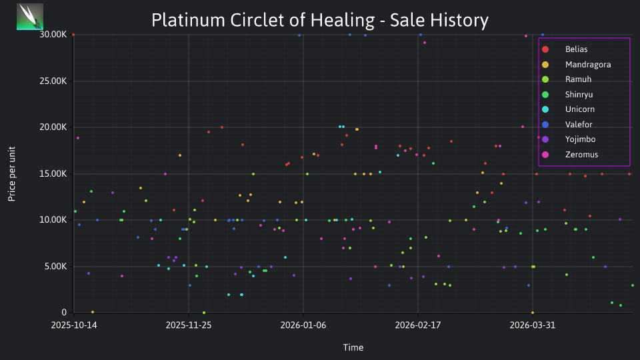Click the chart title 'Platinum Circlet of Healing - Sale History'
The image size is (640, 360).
click(x=320, y=20)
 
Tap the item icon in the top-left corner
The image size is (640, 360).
click(x=30, y=17)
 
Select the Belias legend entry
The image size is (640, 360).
click(x=565, y=49)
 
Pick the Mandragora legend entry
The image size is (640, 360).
click(x=576, y=65)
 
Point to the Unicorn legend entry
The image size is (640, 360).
click(x=568, y=109)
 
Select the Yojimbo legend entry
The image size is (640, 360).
click(x=568, y=139)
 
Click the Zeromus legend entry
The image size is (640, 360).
click(x=569, y=154)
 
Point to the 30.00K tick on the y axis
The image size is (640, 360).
click(x=53, y=35)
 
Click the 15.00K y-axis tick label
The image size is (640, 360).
click(x=53, y=173)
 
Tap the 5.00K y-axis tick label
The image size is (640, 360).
click(x=55, y=266)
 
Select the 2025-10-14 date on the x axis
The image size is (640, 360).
click(x=74, y=325)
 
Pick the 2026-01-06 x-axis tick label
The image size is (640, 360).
click(x=303, y=325)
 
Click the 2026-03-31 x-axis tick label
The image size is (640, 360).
click(x=532, y=325)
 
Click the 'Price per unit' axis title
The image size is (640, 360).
click(x=12, y=174)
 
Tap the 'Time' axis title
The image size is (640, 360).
click(x=353, y=347)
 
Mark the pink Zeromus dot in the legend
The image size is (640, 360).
click(x=545, y=155)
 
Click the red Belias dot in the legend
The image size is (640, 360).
click(x=545, y=49)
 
